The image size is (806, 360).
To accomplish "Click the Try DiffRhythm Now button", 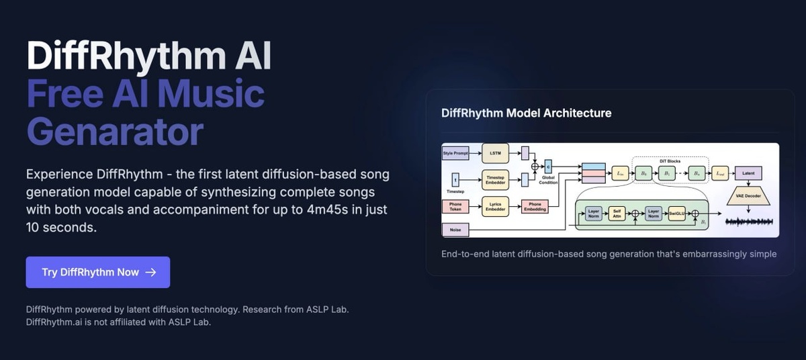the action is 97,272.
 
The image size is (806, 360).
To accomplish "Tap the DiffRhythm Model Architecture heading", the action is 526,113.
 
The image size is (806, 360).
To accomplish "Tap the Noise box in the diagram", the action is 455,230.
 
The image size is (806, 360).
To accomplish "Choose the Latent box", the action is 748,173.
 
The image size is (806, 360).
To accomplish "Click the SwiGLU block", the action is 676,214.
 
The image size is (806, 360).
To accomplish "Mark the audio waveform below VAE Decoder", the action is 748,222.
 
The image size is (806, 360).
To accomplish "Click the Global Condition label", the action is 548,181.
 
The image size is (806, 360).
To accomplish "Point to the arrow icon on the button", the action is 150,272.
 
